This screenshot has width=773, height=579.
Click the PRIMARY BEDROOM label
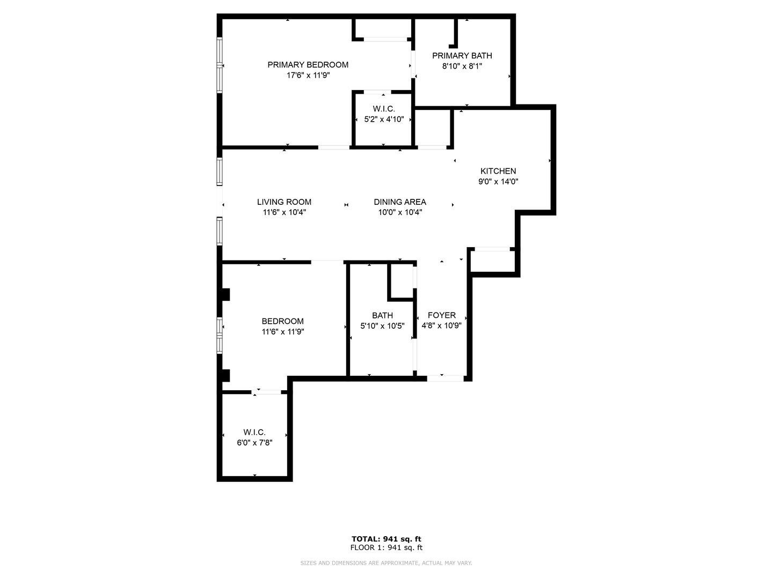pyautogui.click(x=308, y=65)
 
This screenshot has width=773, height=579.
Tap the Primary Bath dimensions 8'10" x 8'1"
pyautogui.click(x=462, y=66)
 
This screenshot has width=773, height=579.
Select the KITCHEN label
pyautogui.click(x=498, y=171)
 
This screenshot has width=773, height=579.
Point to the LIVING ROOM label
pyautogui.click(x=284, y=202)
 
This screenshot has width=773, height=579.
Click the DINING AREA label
pyautogui.click(x=400, y=202)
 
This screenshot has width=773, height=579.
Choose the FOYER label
pyautogui.click(x=441, y=315)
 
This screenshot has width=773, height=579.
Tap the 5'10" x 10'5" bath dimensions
pyautogui.click(x=382, y=326)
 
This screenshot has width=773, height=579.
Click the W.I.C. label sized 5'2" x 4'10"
pyautogui.click(x=384, y=109)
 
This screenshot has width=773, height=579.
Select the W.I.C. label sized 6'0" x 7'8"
pyautogui.click(x=254, y=432)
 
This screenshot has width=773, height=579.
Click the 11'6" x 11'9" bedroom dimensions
pyautogui.click(x=283, y=332)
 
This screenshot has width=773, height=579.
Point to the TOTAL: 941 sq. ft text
pyautogui.click(x=386, y=539)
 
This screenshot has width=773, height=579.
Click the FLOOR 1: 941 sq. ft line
pyautogui.click(x=386, y=547)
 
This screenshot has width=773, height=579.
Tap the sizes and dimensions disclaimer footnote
pyautogui.click(x=386, y=563)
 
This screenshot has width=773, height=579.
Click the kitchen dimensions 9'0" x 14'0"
pyautogui.click(x=498, y=182)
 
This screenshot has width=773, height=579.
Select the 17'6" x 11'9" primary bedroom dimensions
pyautogui.click(x=308, y=76)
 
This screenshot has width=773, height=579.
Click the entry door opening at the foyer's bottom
pyautogui.click(x=445, y=378)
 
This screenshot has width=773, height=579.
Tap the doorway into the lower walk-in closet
pyautogui.click(x=267, y=392)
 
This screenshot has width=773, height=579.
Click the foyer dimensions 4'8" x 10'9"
pyautogui.click(x=441, y=325)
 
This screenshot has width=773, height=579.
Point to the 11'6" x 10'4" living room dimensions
pyautogui.click(x=284, y=212)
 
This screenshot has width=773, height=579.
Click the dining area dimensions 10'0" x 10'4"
pyautogui.click(x=400, y=212)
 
